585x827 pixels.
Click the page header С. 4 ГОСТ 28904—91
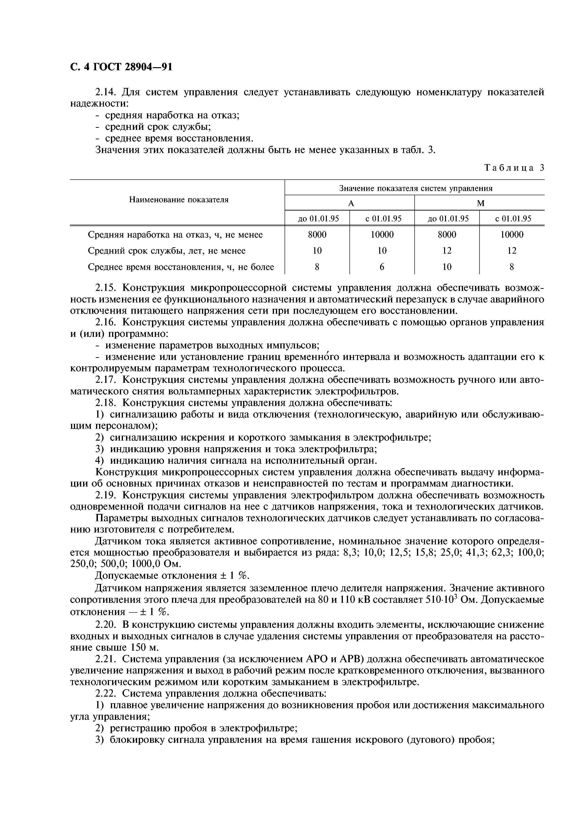tap(121, 67)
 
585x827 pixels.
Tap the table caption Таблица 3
tap(514, 168)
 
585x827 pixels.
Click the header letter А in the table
tap(351, 203)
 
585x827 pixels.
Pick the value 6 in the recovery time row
tap(382, 267)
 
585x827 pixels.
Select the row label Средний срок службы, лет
tap(167, 251)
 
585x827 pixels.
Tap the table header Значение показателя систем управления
tap(416, 188)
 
